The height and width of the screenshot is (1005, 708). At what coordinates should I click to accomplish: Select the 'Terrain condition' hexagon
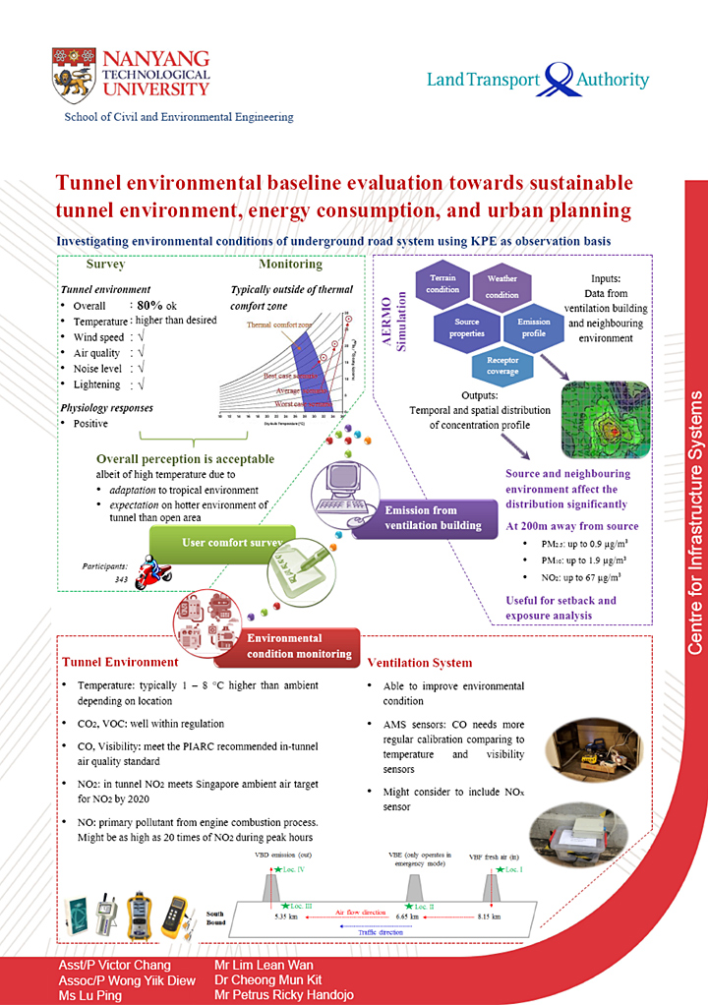pyautogui.click(x=442, y=283)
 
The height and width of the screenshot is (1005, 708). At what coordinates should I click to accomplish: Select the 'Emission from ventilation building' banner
pyautogui.click(x=433, y=517)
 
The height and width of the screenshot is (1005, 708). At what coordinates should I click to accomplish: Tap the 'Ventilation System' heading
pyautogui.click(x=419, y=663)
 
